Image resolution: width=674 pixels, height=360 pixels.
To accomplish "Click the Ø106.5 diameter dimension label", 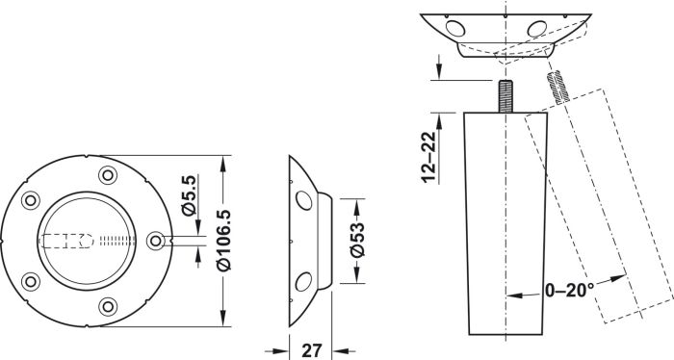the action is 224,241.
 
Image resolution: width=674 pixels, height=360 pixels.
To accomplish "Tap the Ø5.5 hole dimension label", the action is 189,195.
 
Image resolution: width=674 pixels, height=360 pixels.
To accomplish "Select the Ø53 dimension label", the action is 357,240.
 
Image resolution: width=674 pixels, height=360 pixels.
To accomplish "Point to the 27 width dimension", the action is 311,350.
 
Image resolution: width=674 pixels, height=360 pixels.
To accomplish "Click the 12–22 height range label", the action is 428,158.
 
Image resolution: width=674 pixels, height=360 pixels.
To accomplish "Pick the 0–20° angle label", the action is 570,291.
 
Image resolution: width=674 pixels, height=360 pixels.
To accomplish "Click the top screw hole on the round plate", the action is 108,175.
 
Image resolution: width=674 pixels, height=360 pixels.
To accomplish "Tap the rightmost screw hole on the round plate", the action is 155,241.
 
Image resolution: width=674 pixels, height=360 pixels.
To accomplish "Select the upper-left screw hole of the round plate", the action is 31,200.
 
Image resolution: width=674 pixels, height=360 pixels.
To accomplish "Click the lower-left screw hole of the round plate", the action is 31,281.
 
